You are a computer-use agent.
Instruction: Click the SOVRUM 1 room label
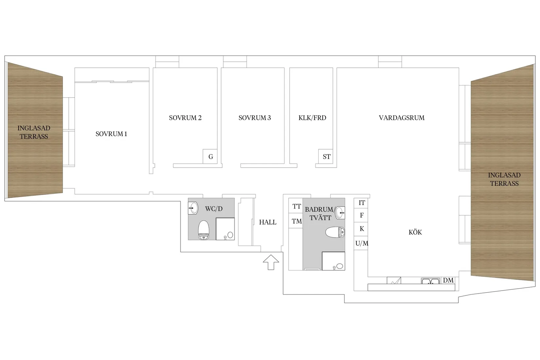(111, 134)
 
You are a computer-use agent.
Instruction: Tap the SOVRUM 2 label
(185, 118)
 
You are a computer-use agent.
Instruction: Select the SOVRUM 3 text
(255, 118)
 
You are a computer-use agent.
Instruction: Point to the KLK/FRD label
(312, 118)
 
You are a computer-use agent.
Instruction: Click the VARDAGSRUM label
(402, 118)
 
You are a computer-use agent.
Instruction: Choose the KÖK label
(415, 232)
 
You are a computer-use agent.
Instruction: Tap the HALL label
(268, 222)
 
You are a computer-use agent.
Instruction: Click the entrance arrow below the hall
(271, 262)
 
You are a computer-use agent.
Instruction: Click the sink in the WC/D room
(193, 208)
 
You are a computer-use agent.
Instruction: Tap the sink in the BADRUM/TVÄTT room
(340, 212)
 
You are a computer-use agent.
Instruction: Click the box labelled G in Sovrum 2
(210, 157)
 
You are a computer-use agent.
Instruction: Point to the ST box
(326, 157)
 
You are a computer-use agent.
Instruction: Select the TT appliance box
(297, 207)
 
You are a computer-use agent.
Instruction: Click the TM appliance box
(297, 222)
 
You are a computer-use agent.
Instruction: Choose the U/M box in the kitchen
(361, 243)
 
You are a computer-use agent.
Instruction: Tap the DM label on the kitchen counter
(448, 280)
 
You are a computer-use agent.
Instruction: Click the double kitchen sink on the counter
(430, 281)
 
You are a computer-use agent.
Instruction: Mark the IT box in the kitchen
(362, 203)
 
